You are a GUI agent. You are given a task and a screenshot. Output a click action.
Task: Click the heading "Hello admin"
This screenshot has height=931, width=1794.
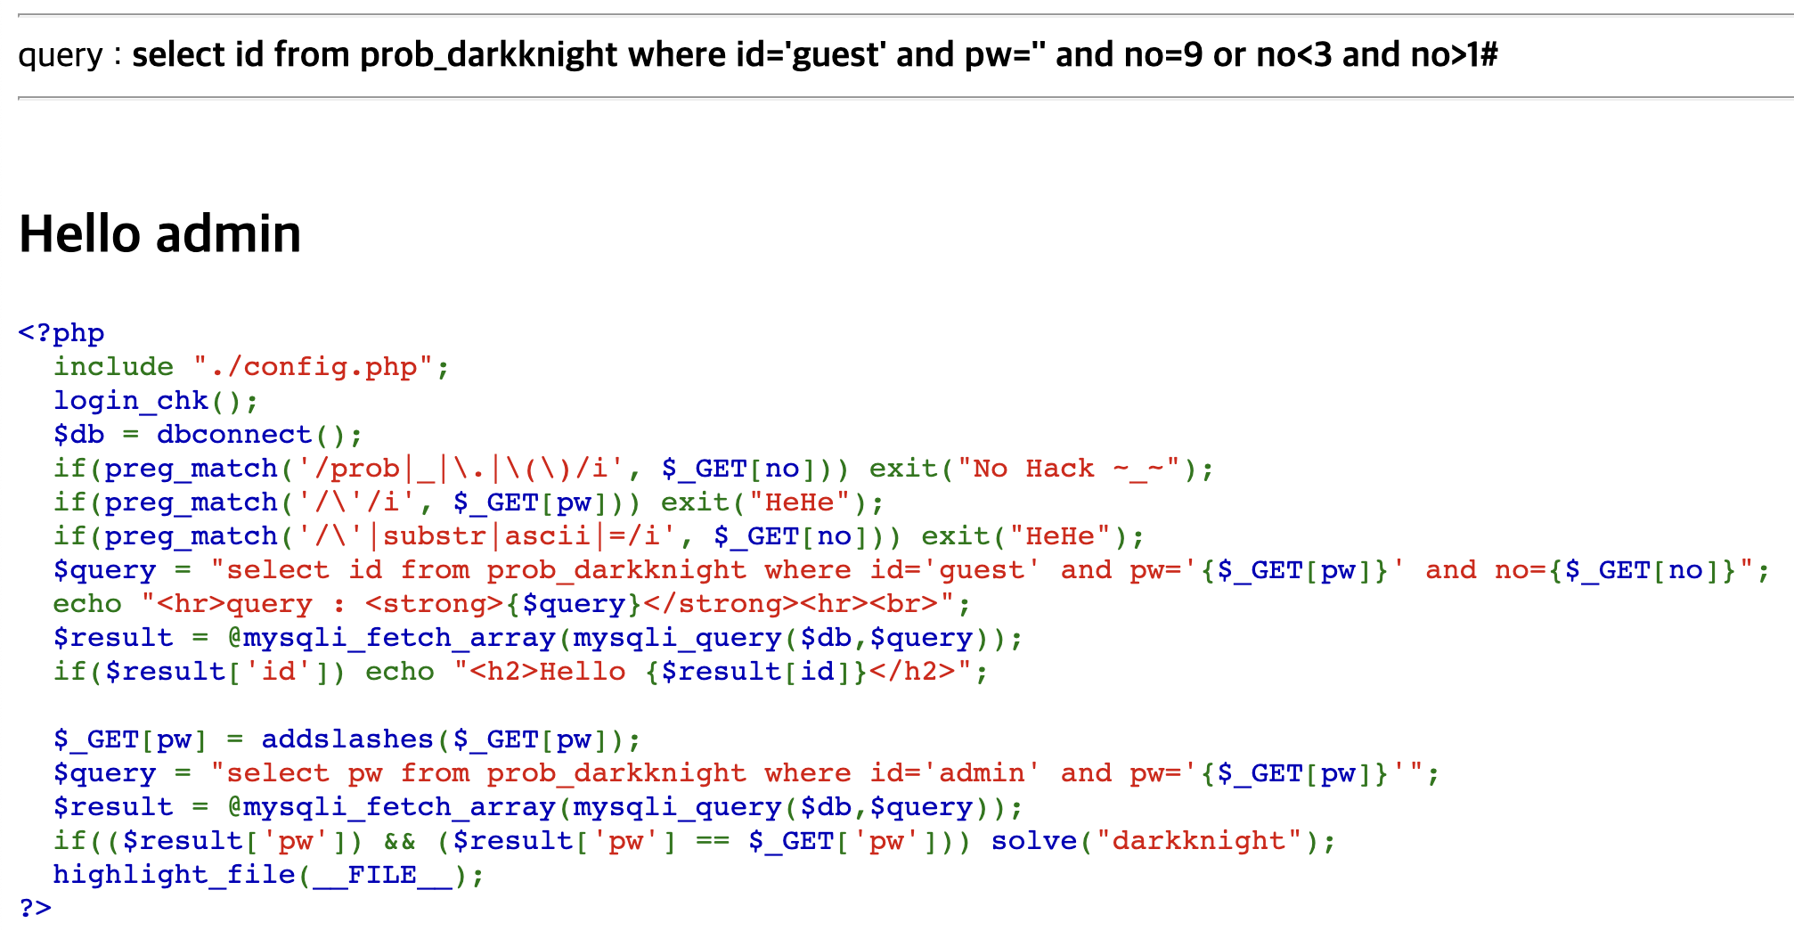(x=160, y=234)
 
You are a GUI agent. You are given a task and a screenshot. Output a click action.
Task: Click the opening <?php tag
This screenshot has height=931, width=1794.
(x=61, y=333)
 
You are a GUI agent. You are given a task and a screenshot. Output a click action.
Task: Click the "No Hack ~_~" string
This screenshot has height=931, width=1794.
(x=1076, y=469)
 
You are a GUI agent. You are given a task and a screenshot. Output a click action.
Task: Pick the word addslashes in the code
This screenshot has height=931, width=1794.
(x=347, y=739)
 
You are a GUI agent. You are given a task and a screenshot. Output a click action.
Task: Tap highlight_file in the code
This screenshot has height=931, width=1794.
(x=174, y=875)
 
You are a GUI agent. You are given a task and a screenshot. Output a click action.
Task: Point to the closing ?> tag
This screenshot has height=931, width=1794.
(x=36, y=908)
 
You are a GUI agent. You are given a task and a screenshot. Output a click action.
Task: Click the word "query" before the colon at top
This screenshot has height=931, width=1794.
(x=61, y=55)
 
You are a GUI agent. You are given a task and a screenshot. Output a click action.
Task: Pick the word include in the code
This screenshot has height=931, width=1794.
(x=113, y=367)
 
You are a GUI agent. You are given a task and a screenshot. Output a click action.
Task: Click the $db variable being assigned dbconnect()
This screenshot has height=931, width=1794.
(x=78, y=435)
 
